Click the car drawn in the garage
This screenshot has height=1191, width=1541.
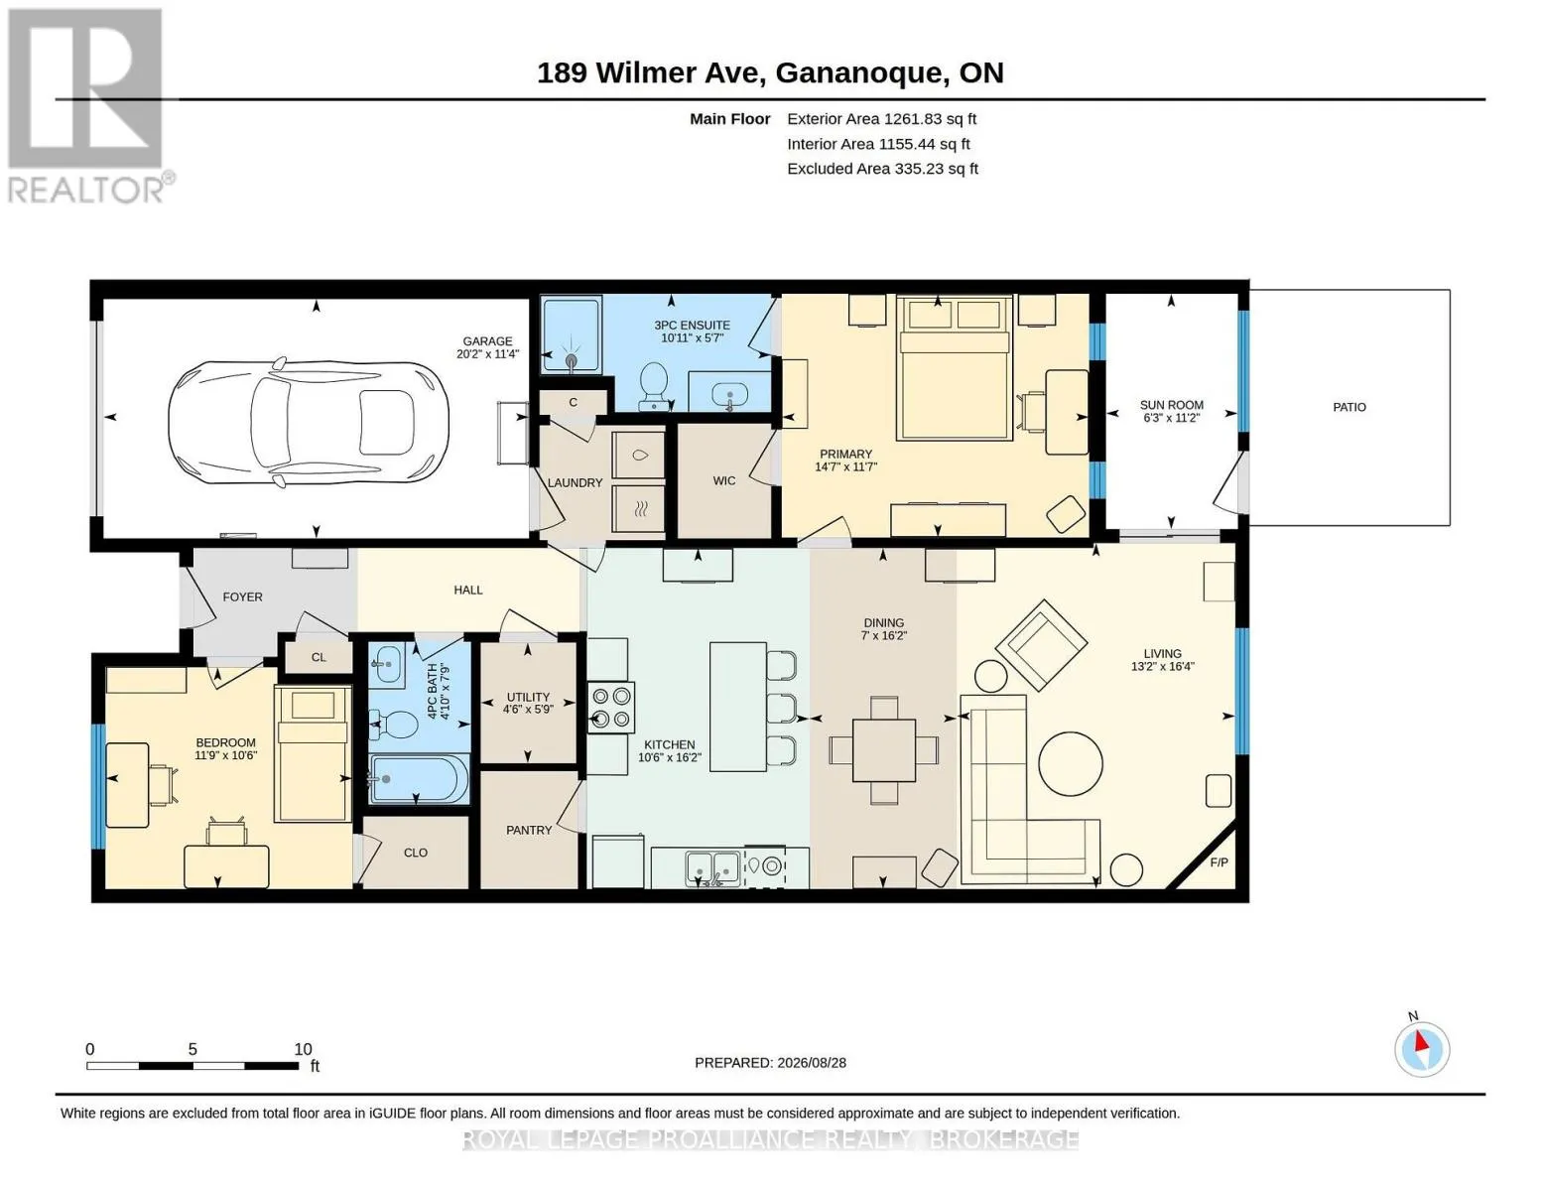coord(308,423)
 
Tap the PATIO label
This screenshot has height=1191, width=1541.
coord(1348,407)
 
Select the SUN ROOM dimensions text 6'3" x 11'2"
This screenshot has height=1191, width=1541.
coord(1171,418)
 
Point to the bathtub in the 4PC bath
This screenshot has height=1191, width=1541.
coord(419,778)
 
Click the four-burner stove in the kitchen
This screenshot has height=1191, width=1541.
coord(610,708)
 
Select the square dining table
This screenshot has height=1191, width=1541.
coord(883,749)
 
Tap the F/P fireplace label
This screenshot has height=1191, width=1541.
coord(1219,862)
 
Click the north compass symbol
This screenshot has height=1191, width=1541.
coord(1421,1050)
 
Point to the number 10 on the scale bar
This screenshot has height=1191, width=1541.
coord(303,1049)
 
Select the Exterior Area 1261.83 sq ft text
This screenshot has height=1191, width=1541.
coord(881,119)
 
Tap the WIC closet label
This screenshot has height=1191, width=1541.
coord(724,481)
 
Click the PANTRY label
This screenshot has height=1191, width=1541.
coord(528,830)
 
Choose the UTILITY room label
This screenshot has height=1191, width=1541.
coord(528,697)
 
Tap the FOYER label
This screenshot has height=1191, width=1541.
coord(242,597)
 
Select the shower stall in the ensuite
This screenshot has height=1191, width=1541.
coord(572,334)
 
